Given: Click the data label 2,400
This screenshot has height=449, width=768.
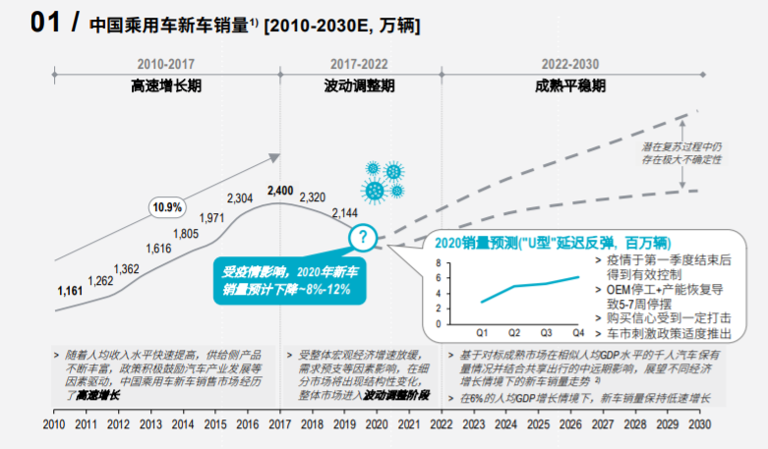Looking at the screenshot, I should [x=280, y=191].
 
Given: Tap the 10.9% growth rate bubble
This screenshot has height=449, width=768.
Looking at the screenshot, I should [x=167, y=207].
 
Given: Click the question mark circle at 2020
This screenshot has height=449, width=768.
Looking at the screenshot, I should [x=363, y=236].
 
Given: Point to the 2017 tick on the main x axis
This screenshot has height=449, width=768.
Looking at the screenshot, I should [x=280, y=424].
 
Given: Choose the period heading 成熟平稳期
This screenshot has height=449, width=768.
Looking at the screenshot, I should [x=570, y=85].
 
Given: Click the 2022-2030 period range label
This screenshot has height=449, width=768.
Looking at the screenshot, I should [x=570, y=61].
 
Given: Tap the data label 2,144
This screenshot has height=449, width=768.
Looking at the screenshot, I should [x=345, y=212].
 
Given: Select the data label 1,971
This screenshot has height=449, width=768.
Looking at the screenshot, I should [x=212, y=218].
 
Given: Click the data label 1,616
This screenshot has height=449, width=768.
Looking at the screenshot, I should [x=159, y=250].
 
